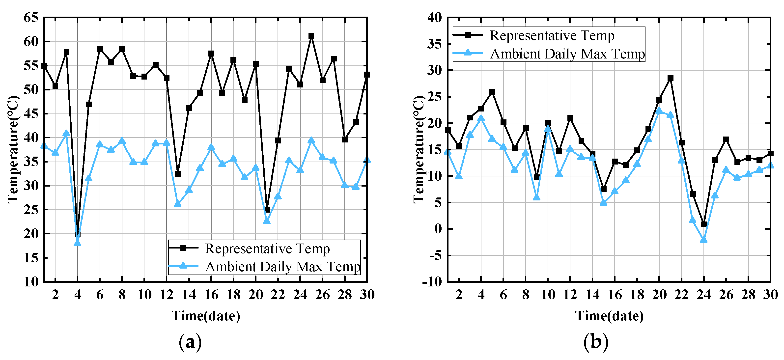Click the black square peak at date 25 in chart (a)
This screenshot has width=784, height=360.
click(311, 36)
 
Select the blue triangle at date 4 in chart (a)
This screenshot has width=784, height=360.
click(77, 243)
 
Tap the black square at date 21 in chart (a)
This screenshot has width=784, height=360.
click(267, 210)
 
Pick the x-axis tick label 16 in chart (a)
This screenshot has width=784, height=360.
click(211, 295)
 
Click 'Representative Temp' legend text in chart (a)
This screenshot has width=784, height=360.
click(267, 249)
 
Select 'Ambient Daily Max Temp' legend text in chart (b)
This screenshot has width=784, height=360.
click(567, 54)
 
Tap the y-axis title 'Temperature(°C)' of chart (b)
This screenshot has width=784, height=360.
click(419, 149)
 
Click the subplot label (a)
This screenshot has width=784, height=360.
click(190, 342)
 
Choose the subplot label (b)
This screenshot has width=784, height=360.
click(596, 342)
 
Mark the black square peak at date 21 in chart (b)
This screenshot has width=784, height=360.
click(670, 78)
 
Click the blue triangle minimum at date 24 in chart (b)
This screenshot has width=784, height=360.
click(703, 240)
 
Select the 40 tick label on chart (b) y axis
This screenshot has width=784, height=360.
click(434, 17)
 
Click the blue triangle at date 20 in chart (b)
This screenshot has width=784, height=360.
click(659, 111)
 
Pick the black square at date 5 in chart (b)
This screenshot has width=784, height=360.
click(492, 92)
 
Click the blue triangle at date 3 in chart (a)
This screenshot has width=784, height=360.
click(66, 133)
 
